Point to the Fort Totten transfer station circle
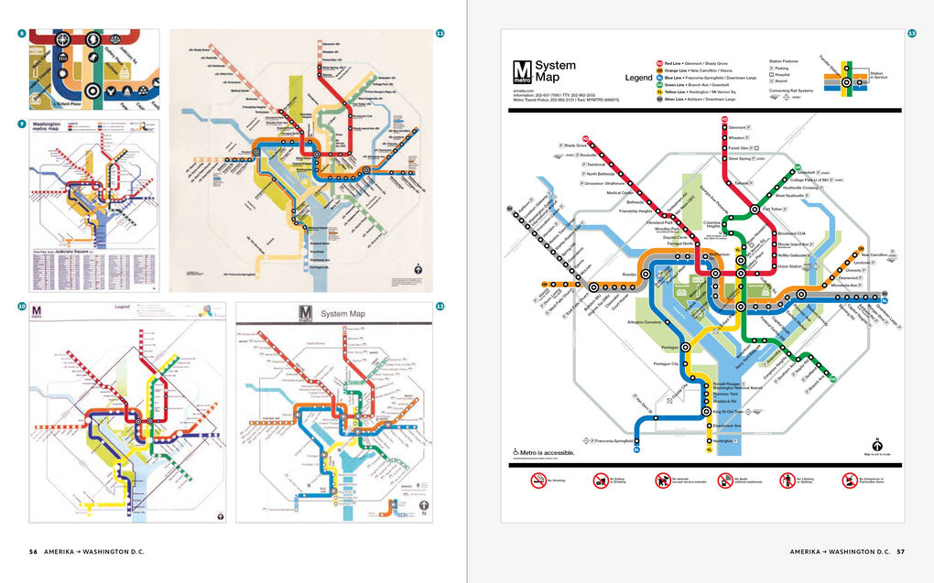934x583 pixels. click(x=755, y=209)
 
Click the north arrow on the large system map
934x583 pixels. click(x=876, y=443)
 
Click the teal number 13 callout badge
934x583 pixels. click(x=912, y=34)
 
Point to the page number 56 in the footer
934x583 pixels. click(x=33, y=552)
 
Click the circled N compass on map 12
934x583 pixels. click(x=423, y=504)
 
